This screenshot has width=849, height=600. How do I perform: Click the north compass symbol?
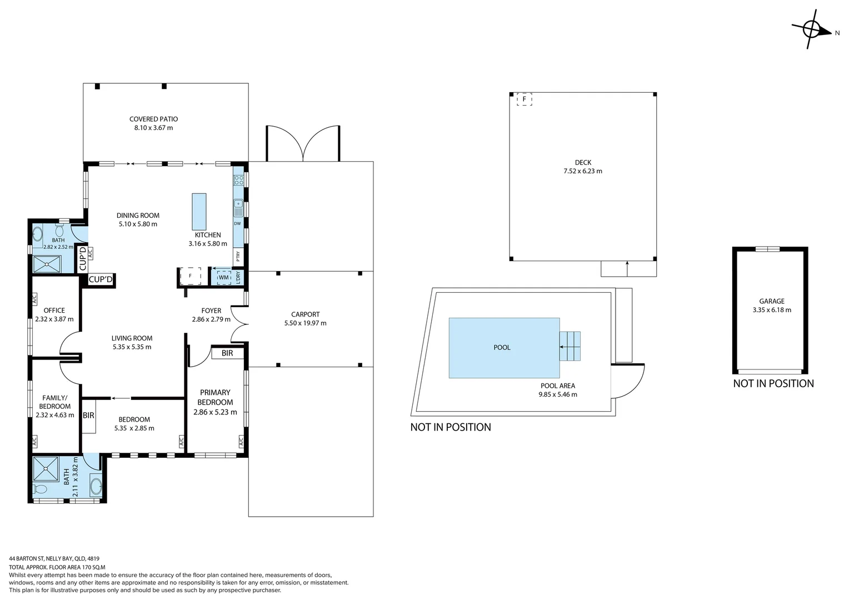coord(811,28)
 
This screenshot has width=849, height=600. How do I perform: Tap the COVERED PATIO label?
coord(153,119)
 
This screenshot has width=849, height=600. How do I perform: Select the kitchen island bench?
coord(199,212)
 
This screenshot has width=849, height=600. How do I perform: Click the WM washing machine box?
coord(223,277)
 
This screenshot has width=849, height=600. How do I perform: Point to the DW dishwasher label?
coord(237,224)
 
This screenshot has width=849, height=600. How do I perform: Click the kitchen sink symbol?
coord(238,208)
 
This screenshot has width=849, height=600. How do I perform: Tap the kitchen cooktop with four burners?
coord(238,179)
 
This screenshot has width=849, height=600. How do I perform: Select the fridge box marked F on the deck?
coord(524,99)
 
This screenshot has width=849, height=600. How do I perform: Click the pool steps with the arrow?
coord(570,346)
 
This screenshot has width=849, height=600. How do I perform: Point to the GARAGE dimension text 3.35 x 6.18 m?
coord(772,310)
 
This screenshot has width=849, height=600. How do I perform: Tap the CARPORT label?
coord(305,314)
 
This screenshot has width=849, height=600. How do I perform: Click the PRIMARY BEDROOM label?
coord(215,397)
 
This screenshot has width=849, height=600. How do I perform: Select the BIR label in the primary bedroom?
coord(227,353)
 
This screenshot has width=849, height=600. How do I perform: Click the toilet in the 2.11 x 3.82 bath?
coord(41,489)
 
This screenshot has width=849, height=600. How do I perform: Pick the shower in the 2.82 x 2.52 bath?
coord(47,264)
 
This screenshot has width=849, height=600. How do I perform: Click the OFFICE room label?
coord(54,311)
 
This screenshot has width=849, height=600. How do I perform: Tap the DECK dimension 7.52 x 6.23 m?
coord(583,171)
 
